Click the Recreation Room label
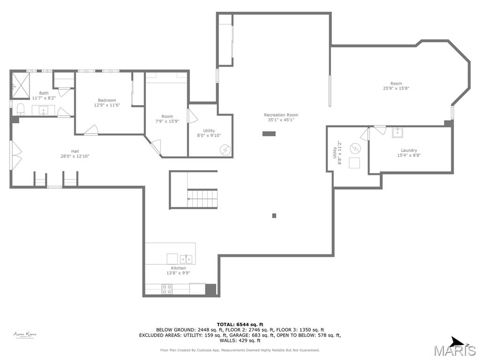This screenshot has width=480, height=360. click(281, 115)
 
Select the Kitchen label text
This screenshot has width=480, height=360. click(178, 268)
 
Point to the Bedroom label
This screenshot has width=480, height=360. click(107, 100)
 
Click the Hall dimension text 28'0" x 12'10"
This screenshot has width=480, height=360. click(75, 156)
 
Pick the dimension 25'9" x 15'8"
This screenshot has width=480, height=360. click(396, 88)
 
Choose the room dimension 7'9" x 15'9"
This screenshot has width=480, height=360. click(167, 121)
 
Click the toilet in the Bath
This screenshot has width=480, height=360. click(20, 109)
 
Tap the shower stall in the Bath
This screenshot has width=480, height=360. click(20, 85)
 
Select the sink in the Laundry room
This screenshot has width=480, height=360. click(397, 132)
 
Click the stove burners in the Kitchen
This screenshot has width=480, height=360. click(167, 289)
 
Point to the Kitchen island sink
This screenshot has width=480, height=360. click(186, 259)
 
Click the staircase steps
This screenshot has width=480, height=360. click(202, 198)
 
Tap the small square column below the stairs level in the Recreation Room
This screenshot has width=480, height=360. click(274, 216)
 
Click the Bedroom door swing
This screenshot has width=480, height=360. click(92, 130)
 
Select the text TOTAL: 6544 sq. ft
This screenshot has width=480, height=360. click(240, 324)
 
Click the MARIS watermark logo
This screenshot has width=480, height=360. click(454, 351)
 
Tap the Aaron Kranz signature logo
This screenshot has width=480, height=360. click(25, 335)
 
